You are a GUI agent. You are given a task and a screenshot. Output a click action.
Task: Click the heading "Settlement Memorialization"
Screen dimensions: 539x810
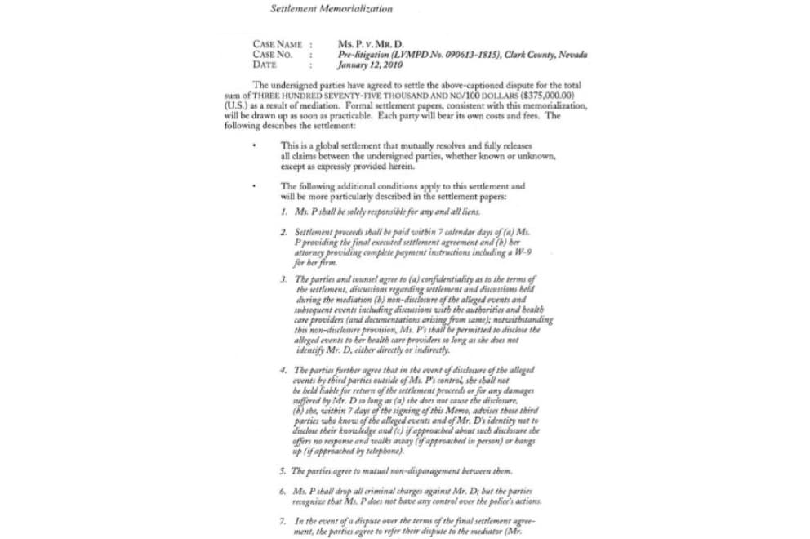coord(331,9)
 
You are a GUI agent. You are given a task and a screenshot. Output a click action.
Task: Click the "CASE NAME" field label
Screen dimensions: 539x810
coord(278,44)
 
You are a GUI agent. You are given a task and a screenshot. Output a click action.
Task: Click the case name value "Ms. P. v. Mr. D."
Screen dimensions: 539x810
coord(371,44)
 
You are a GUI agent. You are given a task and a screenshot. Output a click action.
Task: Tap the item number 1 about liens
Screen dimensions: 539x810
coord(282,212)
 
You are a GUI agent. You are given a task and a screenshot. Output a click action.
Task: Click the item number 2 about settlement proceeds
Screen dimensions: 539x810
coord(282,233)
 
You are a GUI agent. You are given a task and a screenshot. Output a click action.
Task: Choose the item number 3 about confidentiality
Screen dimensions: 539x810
coord(282,279)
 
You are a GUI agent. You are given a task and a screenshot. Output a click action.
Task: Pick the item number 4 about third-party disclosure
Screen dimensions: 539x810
coord(282,370)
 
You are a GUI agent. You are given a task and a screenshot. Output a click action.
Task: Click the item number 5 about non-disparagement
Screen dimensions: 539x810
coord(282,471)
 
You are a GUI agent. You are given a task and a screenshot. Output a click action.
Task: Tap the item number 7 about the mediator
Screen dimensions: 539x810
coord(282,520)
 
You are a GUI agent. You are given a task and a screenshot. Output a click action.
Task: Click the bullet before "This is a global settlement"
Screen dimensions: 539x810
coord(256,146)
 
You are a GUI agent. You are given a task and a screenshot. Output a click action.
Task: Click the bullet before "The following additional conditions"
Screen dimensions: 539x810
coord(256,187)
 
